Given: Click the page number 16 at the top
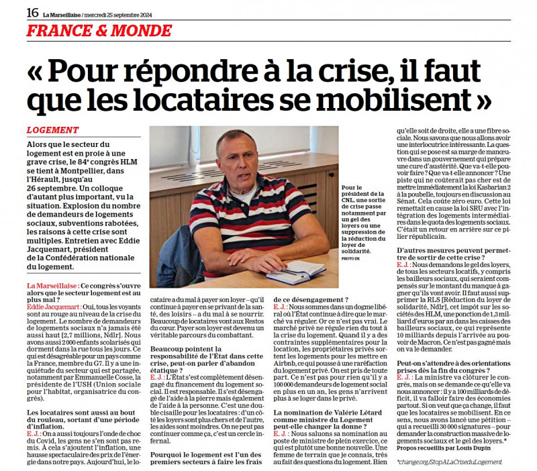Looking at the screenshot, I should point(32,11).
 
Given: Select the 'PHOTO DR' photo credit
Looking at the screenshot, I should point(350,257).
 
